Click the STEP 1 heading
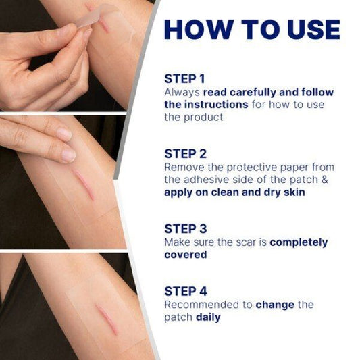184,79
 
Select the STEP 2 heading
186,154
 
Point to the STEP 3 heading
186,229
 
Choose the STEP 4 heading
186,291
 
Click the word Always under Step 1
182,93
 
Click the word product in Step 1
203,118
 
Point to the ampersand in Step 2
324,180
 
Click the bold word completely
299,243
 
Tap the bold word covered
186,255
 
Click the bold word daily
208,317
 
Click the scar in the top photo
105,26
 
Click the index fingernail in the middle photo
68,155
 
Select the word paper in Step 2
294,168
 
